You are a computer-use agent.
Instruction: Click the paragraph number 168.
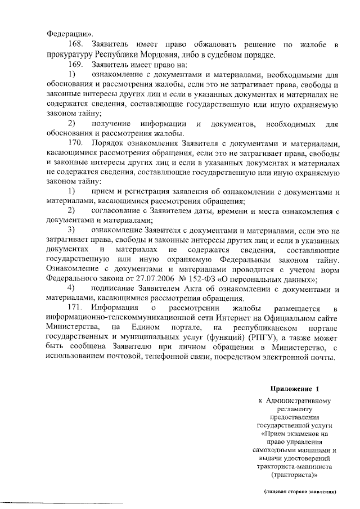75,44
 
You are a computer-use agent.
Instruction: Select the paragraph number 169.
75,65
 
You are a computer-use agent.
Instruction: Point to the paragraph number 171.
75,308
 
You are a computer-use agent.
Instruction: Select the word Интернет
200,319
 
